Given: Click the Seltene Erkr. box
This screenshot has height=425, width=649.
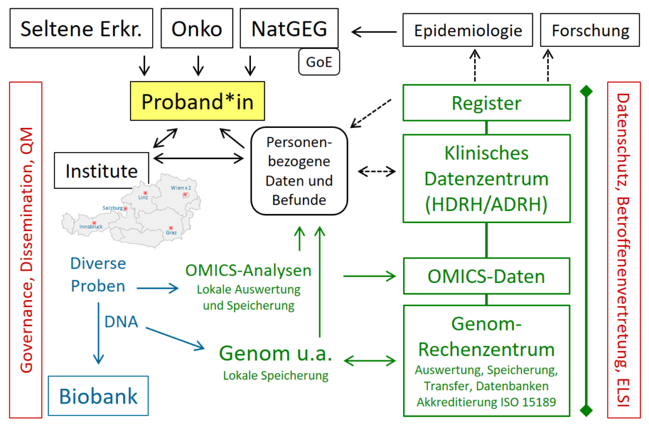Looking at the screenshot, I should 80,29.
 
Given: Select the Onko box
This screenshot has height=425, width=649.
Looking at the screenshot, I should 198,29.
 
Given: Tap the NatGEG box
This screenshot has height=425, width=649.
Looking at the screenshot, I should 290,29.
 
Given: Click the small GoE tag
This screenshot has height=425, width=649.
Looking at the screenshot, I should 319,63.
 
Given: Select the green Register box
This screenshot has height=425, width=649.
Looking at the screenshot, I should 486,103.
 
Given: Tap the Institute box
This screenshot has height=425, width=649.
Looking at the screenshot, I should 101,170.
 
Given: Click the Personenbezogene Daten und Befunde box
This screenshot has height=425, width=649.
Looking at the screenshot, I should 300,171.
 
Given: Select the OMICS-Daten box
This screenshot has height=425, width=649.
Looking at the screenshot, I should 486,276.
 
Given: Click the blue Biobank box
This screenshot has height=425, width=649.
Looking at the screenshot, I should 98,396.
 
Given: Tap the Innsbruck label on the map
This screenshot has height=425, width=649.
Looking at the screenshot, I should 90,227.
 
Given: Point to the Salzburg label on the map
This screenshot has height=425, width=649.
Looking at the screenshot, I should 112,208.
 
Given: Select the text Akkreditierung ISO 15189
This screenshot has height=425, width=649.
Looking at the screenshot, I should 486,402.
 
